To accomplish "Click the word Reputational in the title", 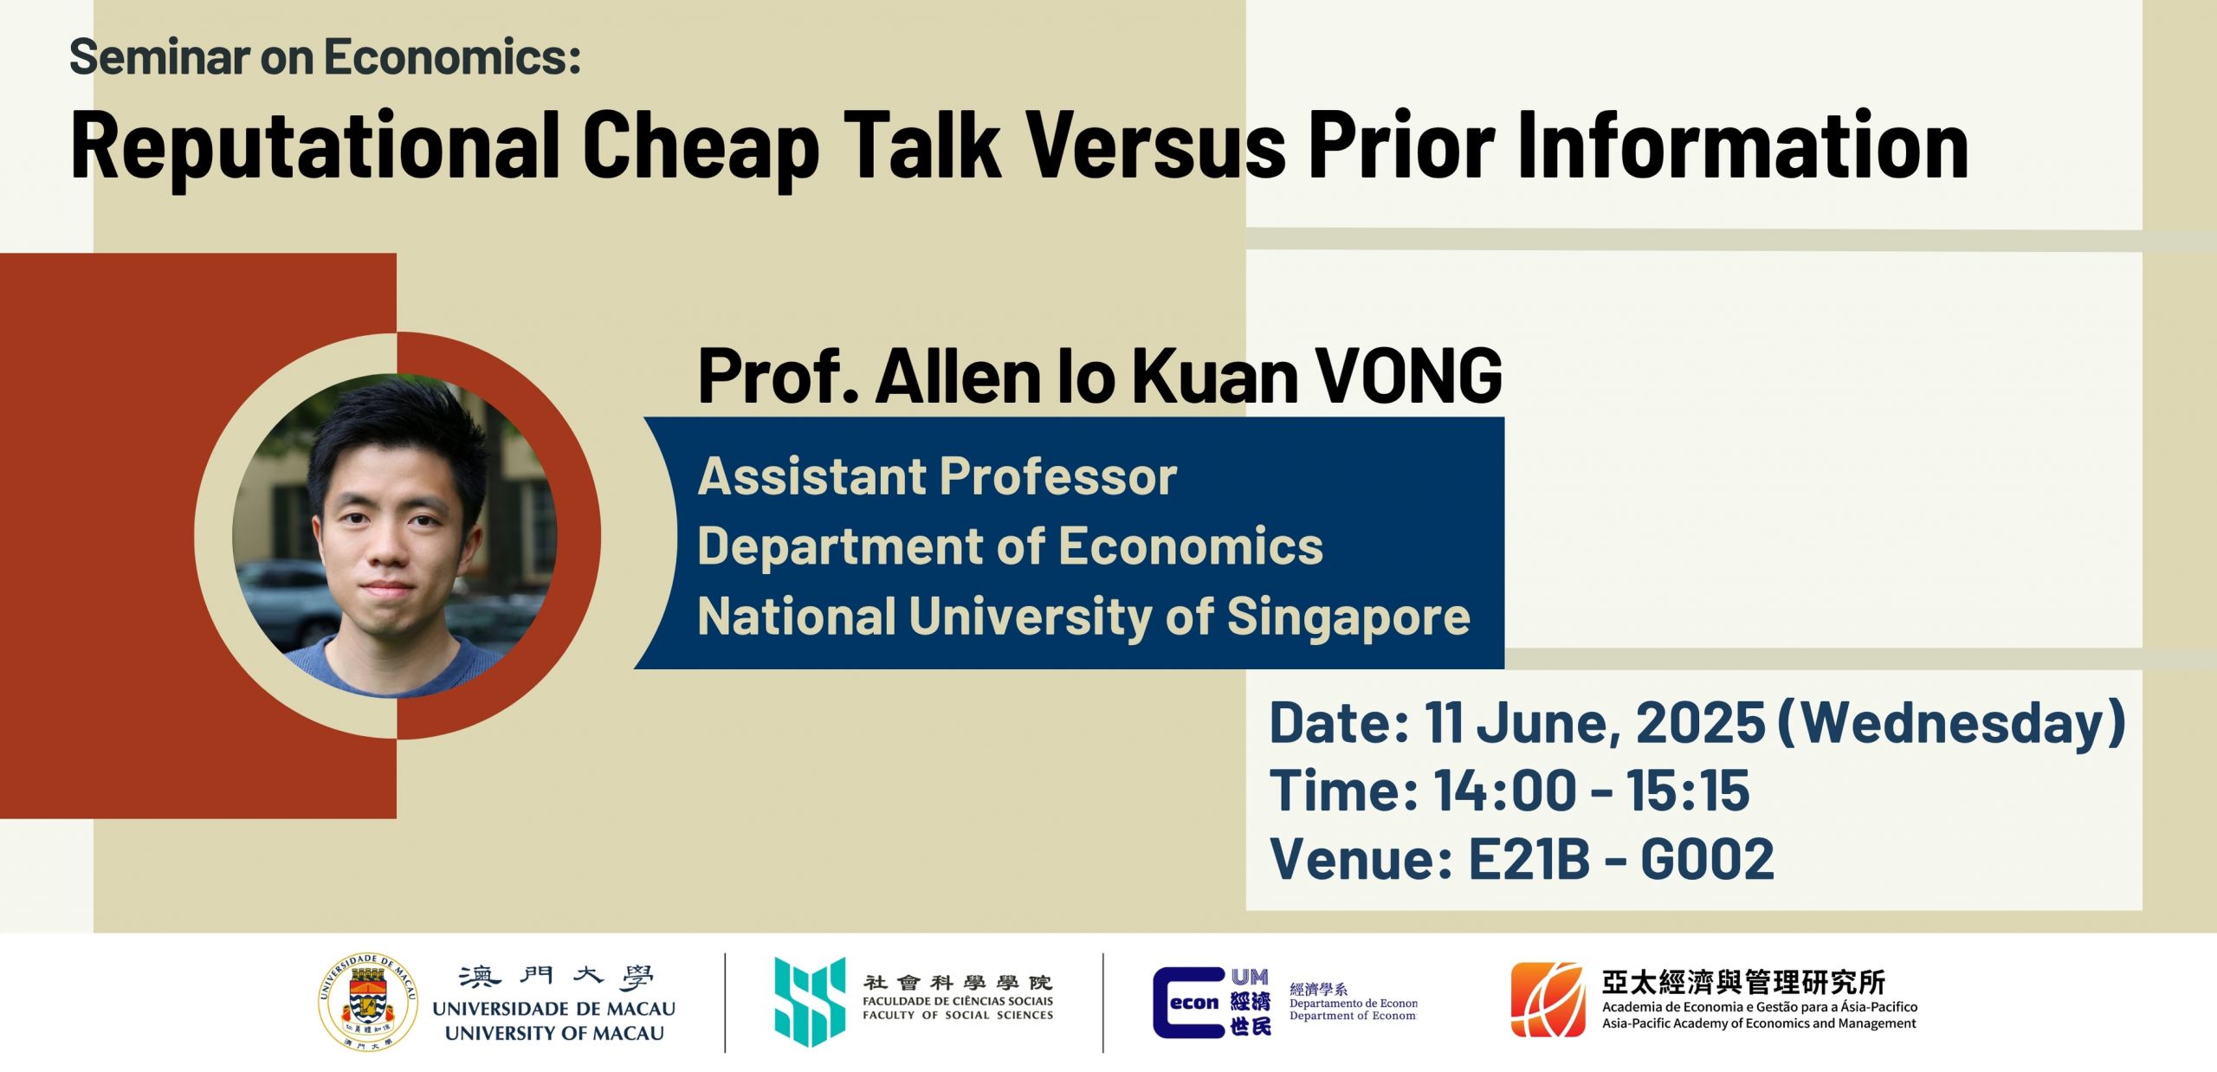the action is pyautogui.click(x=315, y=147).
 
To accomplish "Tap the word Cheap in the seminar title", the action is pyautogui.click(x=701, y=147).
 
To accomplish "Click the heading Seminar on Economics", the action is pyautogui.click(x=325, y=57).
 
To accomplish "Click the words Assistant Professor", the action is pyautogui.click(x=937, y=476).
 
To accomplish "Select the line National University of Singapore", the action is pyautogui.click(x=1084, y=617).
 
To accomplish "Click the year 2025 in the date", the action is pyautogui.click(x=1700, y=722).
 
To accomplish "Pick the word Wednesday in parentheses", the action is pyautogui.click(x=1952, y=723).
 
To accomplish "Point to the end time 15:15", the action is pyautogui.click(x=1688, y=790).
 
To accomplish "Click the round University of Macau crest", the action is pyautogui.click(x=368, y=1002).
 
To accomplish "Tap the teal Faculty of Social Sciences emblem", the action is pyautogui.click(x=810, y=1002).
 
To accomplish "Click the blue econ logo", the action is pyautogui.click(x=1212, y=1003).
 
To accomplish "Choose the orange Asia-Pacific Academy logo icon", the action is pyautogui.click(x=1548, y=999).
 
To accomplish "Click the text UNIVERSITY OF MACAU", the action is pyautogui.click(x=554, y=1033).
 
